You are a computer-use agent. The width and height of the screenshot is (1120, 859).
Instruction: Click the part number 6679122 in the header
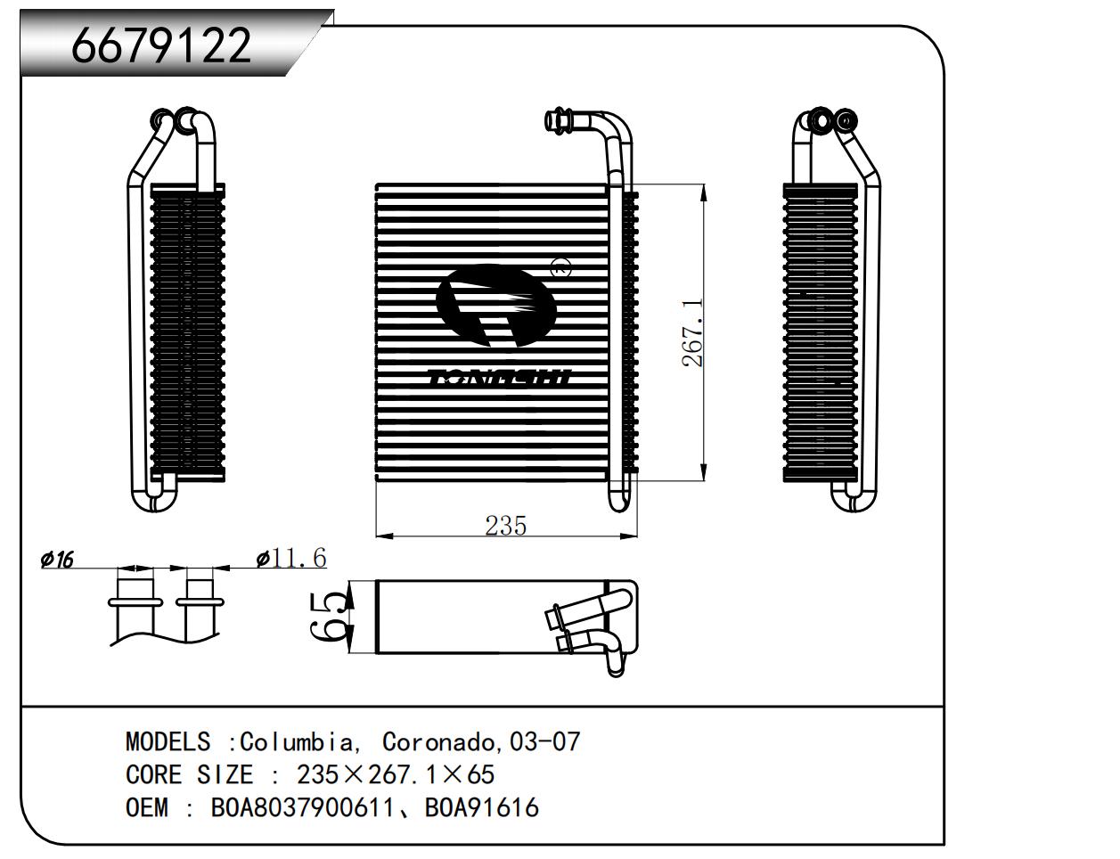click(x=160, y=45)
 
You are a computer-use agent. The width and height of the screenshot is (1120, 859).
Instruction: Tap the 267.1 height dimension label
click(x=692, y=333)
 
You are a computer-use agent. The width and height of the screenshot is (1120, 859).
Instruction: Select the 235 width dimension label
click(x=505, y=526)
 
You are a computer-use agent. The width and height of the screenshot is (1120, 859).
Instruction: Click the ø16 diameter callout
click(x=57, y=559)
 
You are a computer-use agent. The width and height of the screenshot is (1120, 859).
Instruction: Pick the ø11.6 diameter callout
click(x=291, y=558)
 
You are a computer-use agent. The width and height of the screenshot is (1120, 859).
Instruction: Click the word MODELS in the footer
click(x=168, y=741)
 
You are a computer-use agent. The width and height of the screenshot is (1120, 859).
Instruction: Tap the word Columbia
click(x=298, y=741)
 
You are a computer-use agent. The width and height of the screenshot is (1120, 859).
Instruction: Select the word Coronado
click(x=438, y=741)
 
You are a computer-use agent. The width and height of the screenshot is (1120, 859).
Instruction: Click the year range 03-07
click(x=544, y=741)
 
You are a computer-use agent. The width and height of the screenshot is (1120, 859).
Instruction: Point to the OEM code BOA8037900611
click(x=303, y=807)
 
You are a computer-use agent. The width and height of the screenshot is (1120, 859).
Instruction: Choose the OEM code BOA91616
click(x=482, y=807)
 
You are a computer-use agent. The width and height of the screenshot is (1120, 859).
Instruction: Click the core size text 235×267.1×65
click(x=396, y=774)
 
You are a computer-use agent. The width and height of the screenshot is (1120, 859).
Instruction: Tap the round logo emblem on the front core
click(x=496, y=306)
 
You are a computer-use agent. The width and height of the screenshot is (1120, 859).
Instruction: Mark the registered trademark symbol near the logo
click(x=560, y=267)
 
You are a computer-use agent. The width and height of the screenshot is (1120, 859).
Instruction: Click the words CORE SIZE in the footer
click(x=189, y=774)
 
